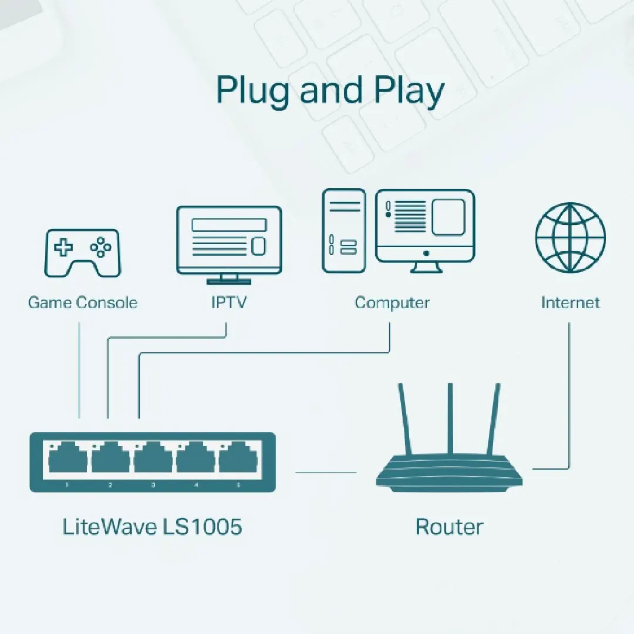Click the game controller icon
pos(83,252)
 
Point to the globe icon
pos(570,237)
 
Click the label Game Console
pos(83,303)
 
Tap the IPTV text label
pos(229,303)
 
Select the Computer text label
pos(392,303)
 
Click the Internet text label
pos(570,303)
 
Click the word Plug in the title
pos(254,92)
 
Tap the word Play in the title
pos(409,92)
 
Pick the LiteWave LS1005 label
pos(152,527)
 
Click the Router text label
pos(449,527)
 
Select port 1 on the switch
pos(66,458)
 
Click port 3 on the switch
pos(153,458)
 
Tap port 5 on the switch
pos(238,458)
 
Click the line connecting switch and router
pos(326,471)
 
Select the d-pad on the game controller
pos(63,247)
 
